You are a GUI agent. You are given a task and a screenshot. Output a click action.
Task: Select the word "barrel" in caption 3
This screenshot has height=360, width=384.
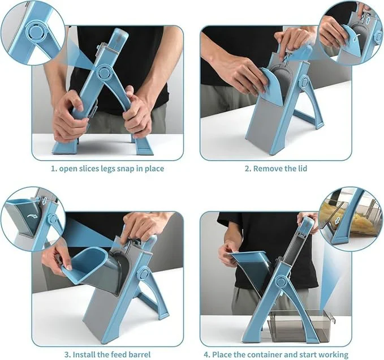[139, 355]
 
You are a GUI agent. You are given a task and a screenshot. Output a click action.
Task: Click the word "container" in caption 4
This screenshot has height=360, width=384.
[267, 355]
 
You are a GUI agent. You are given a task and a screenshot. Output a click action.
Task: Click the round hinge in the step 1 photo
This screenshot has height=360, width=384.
[103, 72]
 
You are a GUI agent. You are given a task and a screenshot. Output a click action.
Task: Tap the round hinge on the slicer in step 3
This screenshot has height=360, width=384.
[143, 274]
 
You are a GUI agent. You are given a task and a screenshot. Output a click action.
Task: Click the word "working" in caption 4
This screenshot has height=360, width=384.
[334, 355]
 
